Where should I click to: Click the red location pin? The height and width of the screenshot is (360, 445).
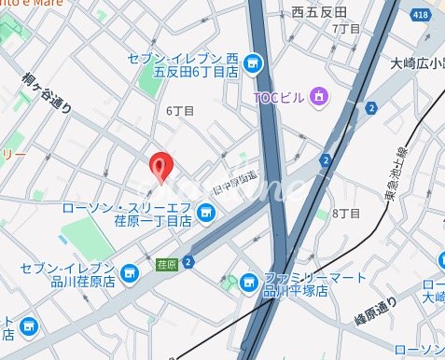[161, 168]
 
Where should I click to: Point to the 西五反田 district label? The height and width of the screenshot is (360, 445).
[319, 12]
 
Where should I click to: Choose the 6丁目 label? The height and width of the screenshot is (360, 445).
[180, 110]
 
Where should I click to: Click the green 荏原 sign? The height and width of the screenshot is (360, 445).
[167, 264]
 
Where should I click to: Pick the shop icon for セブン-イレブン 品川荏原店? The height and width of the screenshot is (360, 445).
[130, 273]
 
